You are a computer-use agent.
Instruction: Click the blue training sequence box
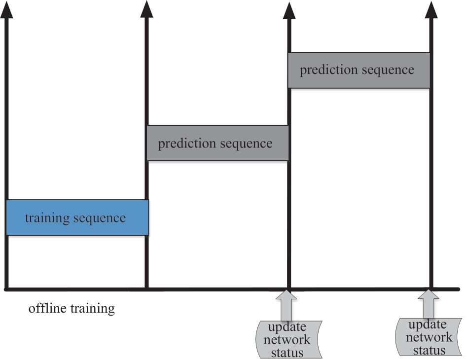pos(77,217)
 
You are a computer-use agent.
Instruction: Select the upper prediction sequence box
pos(358,71)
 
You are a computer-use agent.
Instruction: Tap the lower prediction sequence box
pos(217,143)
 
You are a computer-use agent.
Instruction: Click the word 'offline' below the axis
pos(47,308)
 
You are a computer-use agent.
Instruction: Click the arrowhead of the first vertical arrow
pos(6,9)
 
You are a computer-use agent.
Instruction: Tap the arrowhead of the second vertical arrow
pos(146,9)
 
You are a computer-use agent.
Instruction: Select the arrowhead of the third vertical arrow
pos(289,11)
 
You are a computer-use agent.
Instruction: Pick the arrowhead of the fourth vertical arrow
pos(431,9)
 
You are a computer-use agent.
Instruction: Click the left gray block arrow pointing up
pos(287,306)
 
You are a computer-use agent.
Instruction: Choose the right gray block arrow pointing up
pos(429,304)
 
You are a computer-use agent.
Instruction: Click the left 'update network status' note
pos(289,339)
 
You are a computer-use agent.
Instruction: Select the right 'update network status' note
pos(428,337)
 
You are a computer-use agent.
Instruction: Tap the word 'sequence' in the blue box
pos(100,218)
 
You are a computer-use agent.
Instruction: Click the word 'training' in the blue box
pos(47,218)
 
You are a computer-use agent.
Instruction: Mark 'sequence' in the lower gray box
pos(247,144)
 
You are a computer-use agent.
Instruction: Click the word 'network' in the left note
pos(287,339)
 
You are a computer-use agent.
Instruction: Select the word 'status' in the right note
pos(429,351)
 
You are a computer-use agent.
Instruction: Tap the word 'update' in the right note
pos(428,325)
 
